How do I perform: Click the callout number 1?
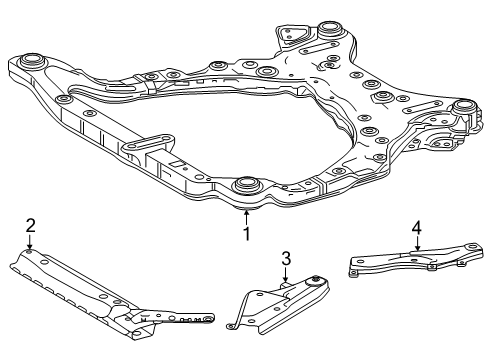tap(245, 234)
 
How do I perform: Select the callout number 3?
tap(286, 259)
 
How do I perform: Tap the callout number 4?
tap(416, 229)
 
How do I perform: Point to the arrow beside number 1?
tap(245, 215)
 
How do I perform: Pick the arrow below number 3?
tap(286, 277)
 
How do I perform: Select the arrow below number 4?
tap(416, 247)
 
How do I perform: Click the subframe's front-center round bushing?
tap(245, 186)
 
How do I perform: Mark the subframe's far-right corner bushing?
tap(463, 109)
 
